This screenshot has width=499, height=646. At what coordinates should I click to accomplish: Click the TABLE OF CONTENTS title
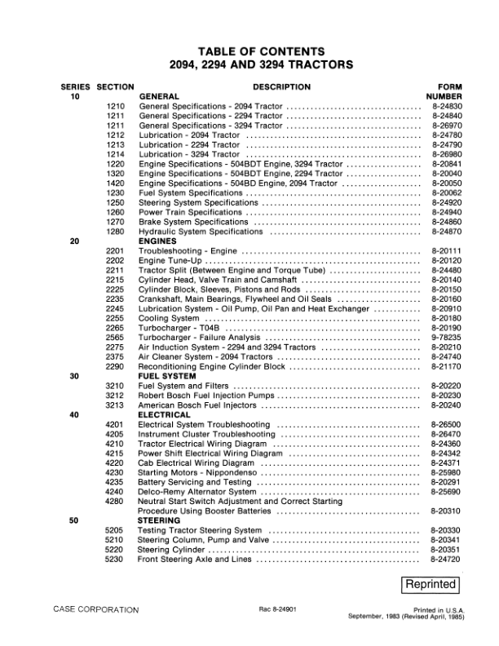coord(249,51)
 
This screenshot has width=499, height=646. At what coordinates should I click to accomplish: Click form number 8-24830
coord(446,107)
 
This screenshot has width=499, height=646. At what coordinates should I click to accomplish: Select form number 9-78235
coord(446,337)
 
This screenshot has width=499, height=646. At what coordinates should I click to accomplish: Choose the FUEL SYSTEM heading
coord(165,376)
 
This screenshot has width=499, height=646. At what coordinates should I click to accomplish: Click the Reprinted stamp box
coord(432,584)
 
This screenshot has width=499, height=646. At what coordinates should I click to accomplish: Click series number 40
coord(75,414)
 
